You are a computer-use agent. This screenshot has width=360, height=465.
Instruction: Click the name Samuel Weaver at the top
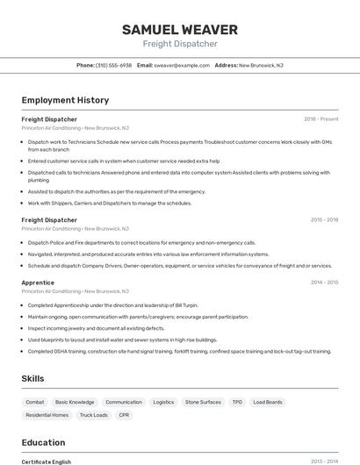180,29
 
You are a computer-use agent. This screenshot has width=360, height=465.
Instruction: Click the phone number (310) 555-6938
113,65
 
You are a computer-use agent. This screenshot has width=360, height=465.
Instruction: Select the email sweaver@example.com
182,65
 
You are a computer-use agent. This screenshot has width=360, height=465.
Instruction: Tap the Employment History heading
65,100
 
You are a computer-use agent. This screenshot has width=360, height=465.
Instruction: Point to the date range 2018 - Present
320,118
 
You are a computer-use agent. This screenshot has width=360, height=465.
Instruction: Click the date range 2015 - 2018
324,220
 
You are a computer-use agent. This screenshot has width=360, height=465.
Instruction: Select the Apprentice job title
38,283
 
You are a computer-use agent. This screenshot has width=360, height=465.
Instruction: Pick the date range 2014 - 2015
324,283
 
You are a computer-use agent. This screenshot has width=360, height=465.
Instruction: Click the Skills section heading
33,378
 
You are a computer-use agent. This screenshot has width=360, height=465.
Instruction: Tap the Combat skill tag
35,402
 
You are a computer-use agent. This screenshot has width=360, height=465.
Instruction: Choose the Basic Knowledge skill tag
75,402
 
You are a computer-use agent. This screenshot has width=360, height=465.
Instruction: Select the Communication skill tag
123,402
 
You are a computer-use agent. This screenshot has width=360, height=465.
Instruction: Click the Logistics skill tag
163,402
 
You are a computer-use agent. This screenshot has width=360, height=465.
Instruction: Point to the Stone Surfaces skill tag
203,402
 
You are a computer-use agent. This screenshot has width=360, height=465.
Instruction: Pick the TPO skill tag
237,402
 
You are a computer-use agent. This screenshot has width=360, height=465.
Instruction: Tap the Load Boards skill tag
268,402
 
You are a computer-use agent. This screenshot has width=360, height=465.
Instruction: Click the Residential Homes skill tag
47,415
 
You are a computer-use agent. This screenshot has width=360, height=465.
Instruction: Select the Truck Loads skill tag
93,415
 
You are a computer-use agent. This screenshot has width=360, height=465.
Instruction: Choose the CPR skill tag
124,415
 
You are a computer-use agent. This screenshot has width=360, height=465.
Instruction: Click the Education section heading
43,443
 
